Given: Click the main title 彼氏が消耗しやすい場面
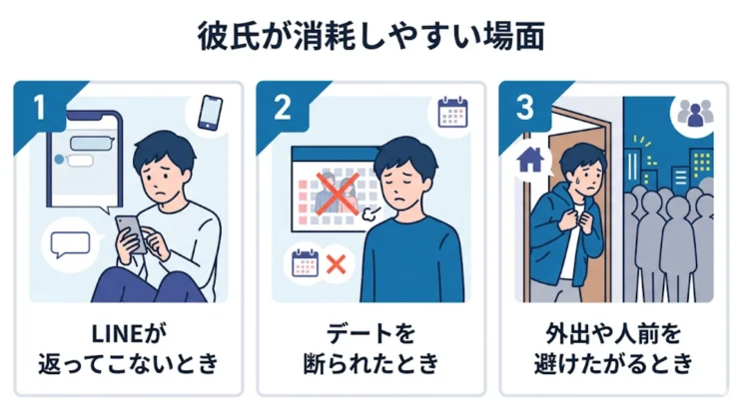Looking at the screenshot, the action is (x=371, y=36).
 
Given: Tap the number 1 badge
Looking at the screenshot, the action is (x=40, y=108).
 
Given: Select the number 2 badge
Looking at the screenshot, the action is (x=283, y=108).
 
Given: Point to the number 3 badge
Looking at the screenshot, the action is (x=525, y=108).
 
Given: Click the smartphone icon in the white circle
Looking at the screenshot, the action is (x=210, y=113).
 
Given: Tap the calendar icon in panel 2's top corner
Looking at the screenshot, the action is (x=452, y=112).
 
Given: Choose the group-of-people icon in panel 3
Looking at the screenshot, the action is (x=695, y=113).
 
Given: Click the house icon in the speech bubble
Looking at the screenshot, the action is (x=530, y=160).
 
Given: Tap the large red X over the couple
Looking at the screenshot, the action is (x=338, y=195).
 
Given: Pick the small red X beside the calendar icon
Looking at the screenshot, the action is (x=336, y=264).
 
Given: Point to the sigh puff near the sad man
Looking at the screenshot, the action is (x=371, y=213).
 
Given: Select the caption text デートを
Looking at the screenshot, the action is (x=371, y=334).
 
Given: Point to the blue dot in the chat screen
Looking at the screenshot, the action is (x=59, y=160).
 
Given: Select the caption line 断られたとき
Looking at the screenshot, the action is (x=371, y=364).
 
